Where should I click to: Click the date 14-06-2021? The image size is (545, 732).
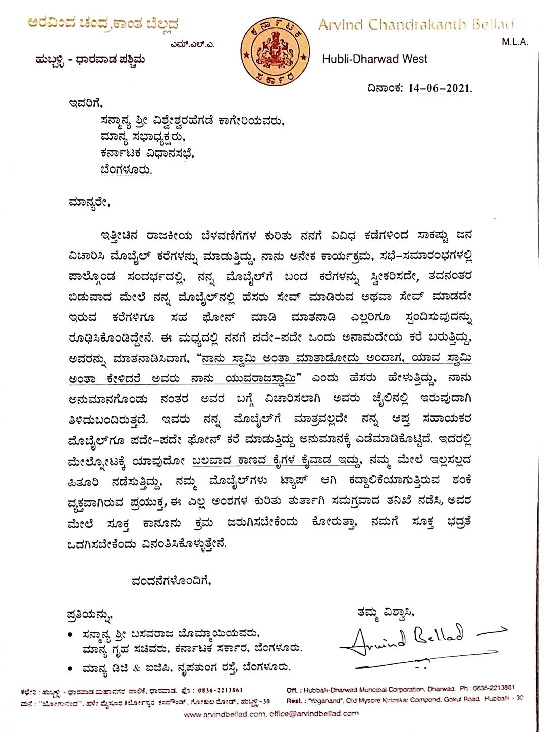(x=440, y=88)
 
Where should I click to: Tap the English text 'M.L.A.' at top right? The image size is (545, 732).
(x=514, y=42)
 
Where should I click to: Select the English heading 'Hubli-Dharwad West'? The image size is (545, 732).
(x=374, y=59)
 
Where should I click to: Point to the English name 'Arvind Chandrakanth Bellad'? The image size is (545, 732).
(x=416, y=25)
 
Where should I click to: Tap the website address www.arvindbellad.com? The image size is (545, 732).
(x=224, y=714)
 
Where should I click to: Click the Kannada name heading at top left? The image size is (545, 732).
(x=103, y=23)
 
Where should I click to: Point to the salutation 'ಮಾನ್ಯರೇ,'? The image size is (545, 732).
(x=88, y=203)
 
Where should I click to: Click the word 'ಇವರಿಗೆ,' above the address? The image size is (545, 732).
(x=85, y=104)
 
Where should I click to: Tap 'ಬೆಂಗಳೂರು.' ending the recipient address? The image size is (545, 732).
(x=126, y=170)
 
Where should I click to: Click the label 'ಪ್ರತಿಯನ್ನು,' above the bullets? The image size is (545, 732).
(x=90, y=615)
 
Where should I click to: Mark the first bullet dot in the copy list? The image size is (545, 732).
(x=70, y=634)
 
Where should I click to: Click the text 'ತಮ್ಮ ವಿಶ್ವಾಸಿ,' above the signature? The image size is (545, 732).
(x=386, y=612)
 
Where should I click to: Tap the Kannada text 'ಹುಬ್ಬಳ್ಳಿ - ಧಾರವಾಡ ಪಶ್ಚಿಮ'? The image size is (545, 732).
(x=90, y=60)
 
